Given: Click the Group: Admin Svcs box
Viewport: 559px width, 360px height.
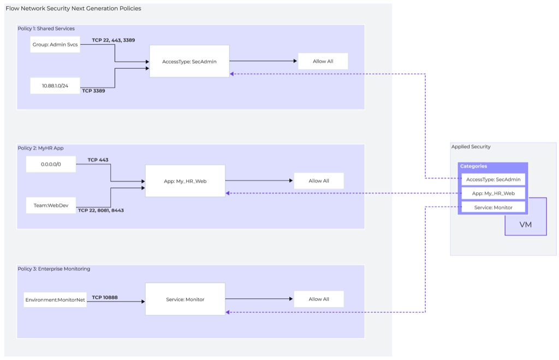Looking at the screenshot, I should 55,44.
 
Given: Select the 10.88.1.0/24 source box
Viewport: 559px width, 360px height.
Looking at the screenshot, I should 55,86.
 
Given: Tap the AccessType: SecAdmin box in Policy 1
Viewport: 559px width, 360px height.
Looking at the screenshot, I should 189,61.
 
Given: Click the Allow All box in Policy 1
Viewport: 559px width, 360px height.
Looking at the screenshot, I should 323,61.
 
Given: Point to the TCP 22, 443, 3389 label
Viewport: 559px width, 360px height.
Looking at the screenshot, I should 113,40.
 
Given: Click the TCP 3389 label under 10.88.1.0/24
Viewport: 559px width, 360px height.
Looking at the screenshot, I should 93,91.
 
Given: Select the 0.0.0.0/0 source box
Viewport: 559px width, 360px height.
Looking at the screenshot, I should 51,164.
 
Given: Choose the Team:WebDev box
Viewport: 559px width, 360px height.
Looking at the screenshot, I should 51,205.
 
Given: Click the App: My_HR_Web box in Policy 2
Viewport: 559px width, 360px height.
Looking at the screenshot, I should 185,181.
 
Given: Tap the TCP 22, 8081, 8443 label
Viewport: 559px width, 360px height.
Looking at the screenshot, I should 100,210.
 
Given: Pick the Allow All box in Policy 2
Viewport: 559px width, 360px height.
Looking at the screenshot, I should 319,181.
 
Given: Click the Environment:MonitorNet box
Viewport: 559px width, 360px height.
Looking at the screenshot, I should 55,299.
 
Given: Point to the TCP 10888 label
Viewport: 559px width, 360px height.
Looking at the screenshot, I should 105,298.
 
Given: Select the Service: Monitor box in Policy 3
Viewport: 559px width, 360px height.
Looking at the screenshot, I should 185,299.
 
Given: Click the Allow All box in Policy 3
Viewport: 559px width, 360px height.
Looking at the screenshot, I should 319,299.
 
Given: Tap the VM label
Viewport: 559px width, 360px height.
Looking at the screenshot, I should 525,225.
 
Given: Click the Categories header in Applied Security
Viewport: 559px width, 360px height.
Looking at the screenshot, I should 473,166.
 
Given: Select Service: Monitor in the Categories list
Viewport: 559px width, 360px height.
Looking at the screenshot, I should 493,207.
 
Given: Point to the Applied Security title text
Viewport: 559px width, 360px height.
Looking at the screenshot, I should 471,147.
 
